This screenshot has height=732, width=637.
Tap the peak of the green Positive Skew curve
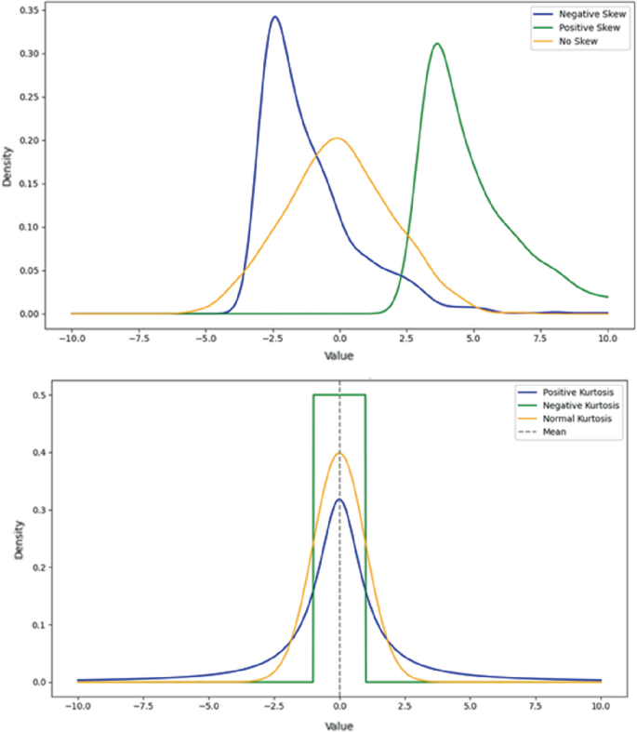point(436,43)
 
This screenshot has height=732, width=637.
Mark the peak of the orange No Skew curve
point(337,139)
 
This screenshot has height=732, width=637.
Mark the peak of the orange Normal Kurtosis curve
point(339,453)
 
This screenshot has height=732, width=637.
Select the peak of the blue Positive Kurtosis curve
point(339,499)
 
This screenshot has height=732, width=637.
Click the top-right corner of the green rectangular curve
point(365,395)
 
